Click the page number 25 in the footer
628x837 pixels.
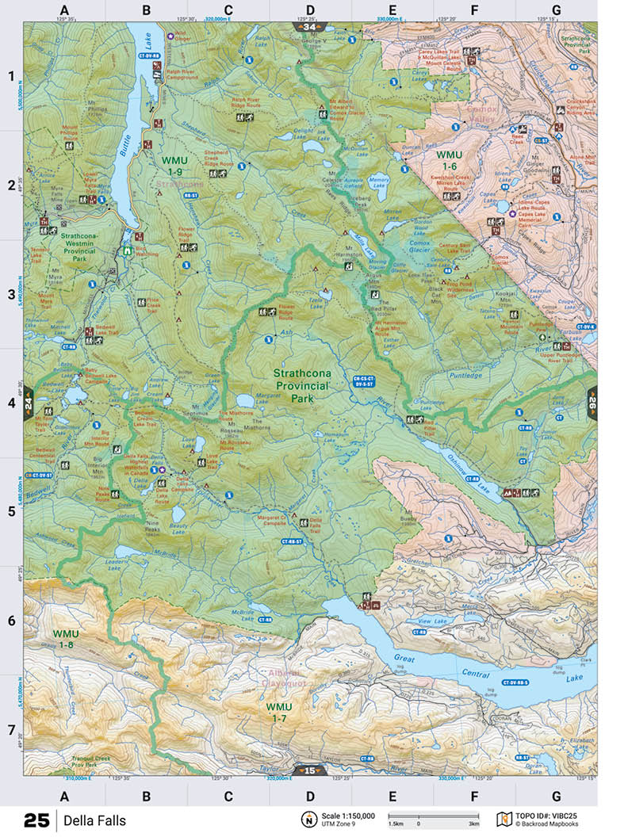click(36, 820)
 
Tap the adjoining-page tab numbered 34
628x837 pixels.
click(308, 26)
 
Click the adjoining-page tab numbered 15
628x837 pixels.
click(309, 770)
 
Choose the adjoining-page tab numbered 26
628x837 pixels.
click(592, 400)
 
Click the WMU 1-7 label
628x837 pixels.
click(279, 712)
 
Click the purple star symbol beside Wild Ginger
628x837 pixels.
click(169, 35)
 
